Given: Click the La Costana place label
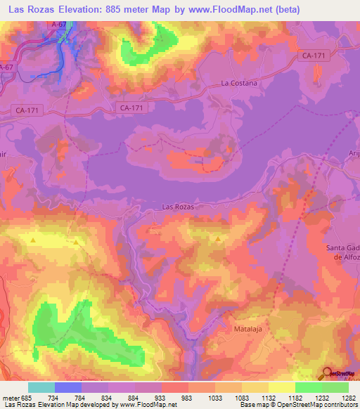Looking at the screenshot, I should [239, 83].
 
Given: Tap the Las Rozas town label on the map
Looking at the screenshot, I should [177, 207].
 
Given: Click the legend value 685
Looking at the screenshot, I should [27, 397].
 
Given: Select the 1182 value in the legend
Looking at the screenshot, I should [296, 397].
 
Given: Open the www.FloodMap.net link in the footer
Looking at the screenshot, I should [147, 405].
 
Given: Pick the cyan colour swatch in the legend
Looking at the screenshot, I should [41, 387].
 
